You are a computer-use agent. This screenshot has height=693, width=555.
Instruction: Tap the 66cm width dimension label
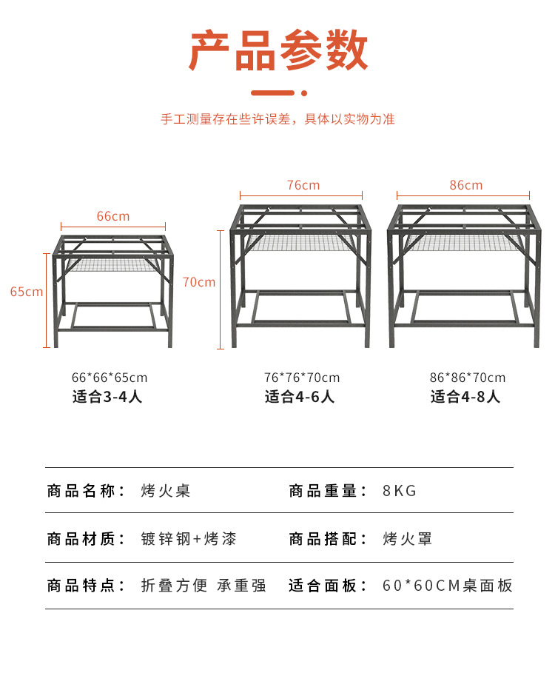(x=113, y=216)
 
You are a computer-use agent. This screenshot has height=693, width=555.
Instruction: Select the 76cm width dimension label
(x=303, y=185)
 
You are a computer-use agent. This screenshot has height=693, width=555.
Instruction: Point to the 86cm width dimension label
(x=465, y=185)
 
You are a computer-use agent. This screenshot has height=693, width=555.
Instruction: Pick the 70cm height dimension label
(x=199, y=282)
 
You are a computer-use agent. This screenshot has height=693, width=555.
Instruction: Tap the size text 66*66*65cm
(x=110, y=378)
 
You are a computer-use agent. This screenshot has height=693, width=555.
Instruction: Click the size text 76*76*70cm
(x=302, y=378)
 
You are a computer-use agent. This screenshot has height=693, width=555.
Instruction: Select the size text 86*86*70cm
(x=468, y=378)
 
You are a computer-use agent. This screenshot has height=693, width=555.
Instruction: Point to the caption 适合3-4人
(x=107, y=397)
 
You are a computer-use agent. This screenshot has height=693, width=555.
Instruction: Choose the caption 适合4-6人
(x=300, y=397)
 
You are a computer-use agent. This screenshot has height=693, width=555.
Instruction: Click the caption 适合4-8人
(x=465, y=397)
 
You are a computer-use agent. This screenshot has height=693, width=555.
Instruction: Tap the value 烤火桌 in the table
(x=166, y=491)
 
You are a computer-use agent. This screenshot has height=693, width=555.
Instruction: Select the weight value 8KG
(x=400, y=491)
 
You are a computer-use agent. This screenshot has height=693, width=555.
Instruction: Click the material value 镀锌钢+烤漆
(x=189, y=538)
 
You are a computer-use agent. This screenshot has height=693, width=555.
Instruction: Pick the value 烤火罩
(x=408, y=538)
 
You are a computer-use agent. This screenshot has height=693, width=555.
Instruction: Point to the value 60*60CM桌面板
(x=448, y=586)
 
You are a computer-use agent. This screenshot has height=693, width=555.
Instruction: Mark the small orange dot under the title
(x=303, y=93)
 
